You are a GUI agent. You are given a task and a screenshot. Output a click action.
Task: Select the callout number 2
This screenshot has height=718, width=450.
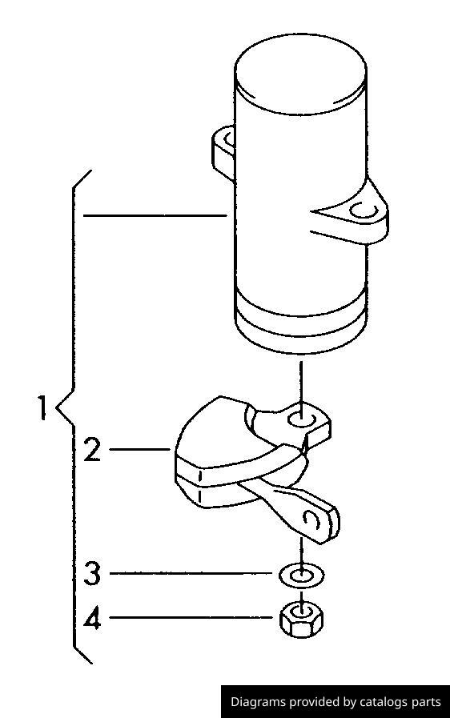tap(92, 449)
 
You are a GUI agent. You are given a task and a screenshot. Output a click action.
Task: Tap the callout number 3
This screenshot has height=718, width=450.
tap(92, 573)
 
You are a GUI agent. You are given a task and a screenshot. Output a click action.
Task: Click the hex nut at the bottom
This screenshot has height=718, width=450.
tap(301, 620)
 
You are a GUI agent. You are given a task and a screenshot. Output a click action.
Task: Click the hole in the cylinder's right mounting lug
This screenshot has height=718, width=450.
tap(363, 211)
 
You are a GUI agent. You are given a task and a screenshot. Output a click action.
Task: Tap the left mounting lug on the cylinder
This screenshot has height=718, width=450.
tap(223, 151)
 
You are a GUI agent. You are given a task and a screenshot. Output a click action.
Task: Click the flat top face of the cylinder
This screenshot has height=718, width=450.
tap(300, 74)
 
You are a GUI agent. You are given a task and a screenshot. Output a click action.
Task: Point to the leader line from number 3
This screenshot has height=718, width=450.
tap(191, 573)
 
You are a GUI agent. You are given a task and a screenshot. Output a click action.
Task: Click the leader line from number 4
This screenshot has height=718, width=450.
tap(191, 617)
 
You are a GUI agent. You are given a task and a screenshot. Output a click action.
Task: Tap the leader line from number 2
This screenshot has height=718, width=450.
tap(140, 449)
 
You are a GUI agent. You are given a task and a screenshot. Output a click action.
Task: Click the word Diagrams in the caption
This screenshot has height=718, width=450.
tap(258, 702)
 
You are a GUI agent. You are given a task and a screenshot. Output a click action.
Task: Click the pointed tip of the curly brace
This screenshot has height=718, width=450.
tap(57, 407)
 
